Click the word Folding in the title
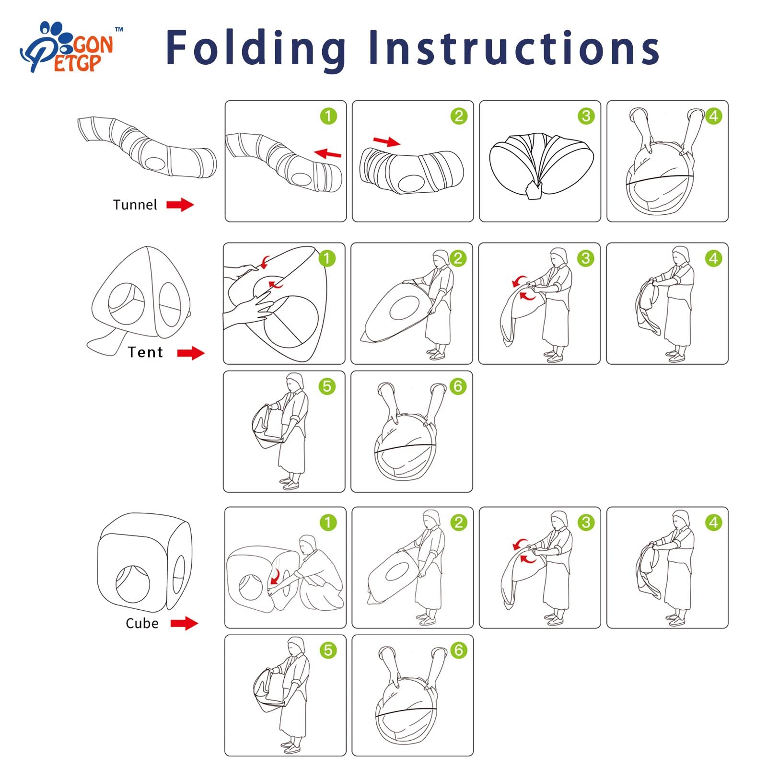pos(256,48)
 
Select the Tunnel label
pos(135,205)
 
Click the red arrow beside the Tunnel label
pos(180,205)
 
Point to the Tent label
pos(145,352)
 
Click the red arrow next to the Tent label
pos(191,353)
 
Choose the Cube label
pos(142,623)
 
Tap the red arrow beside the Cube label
pos(185,623)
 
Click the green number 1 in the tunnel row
pos(328,116)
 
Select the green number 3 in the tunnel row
pos(586,116)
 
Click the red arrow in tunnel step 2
pos(386,141)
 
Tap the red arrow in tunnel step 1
pos(328,153)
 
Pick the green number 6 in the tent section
pos(458,386)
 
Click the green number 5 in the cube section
pos(328,650)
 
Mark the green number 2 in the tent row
pos(458,259)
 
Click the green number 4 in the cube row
pos(713,523)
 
